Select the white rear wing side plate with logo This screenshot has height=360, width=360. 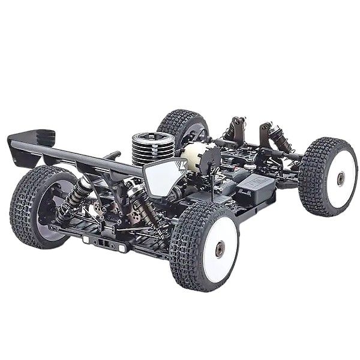[x=161, y=179]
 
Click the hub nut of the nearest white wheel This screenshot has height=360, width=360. [x=219, y=248]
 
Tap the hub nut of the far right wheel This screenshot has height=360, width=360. [x=341, y=178]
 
